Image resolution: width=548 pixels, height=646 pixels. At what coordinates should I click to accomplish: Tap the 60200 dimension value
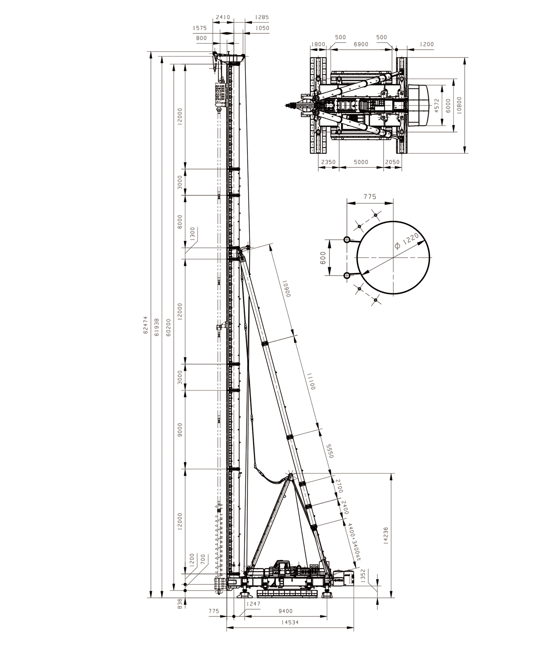tap(168, 327)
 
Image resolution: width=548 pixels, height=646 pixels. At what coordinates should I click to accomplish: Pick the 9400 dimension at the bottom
tap(285, 611)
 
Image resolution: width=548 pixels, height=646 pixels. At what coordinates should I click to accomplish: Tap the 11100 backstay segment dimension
tap(311, 382)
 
